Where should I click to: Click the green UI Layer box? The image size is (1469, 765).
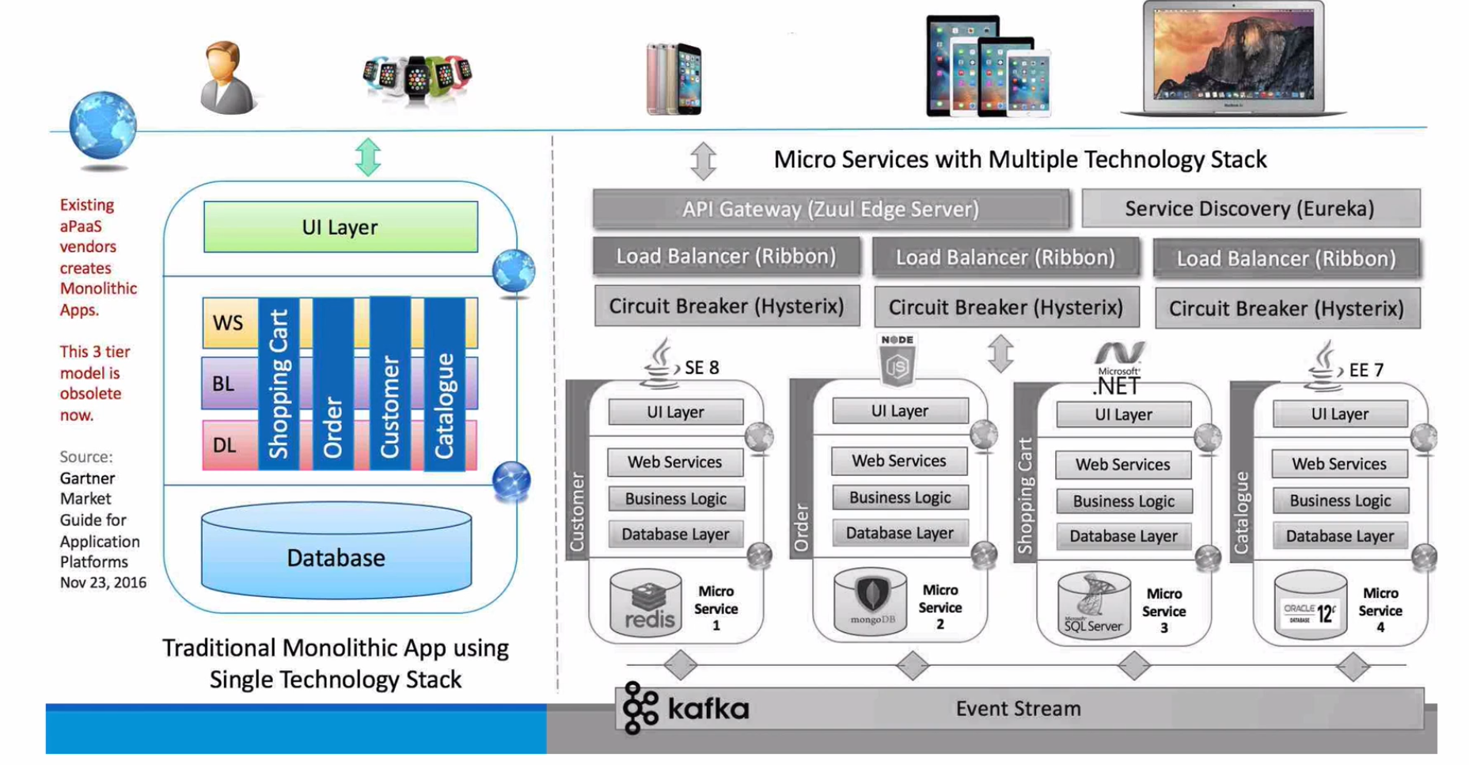pos(340,227)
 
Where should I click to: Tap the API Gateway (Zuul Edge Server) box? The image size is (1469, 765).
pos(830,209)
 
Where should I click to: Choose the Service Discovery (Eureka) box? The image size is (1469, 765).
pos(1250,208)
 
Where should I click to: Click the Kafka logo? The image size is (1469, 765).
pos(685,707)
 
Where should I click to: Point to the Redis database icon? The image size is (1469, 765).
pos(646,603)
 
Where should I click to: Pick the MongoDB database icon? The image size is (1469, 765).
pos(871,600)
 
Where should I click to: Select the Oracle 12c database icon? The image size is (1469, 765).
pos(1310,605)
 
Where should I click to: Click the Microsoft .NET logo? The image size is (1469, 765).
pos(1118,369)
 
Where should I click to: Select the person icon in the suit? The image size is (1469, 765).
pos(226,78)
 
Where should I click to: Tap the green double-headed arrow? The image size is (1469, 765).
pos(368,157)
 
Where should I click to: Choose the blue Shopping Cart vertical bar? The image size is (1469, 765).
pos(279,384)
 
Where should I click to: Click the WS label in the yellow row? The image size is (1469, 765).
pos(228,323)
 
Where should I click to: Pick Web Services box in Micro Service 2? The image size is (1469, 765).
pos(899,461)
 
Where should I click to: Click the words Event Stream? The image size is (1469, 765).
pos(1018,708)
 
